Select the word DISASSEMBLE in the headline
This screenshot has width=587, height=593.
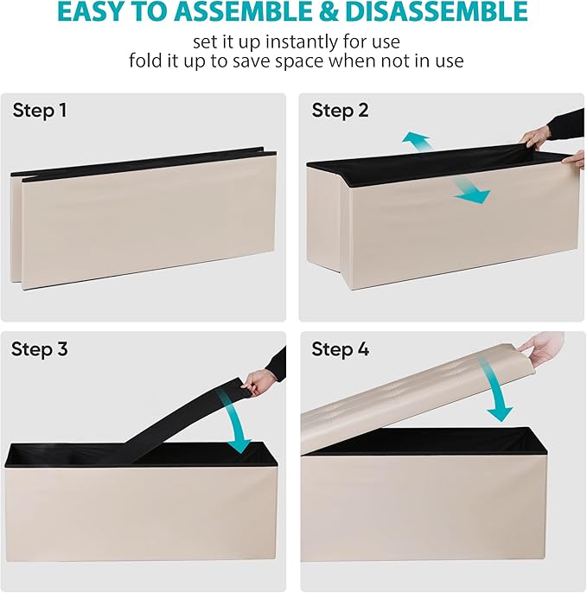pos(437,12)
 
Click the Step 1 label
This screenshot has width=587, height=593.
pos(40,111)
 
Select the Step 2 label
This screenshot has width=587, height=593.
pos(340,111)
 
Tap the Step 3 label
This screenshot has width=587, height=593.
pos(40,348)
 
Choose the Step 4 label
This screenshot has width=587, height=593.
pos(340,348)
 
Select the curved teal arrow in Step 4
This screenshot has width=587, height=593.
pos(494,390)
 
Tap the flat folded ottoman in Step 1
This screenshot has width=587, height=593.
pos(144,220)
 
